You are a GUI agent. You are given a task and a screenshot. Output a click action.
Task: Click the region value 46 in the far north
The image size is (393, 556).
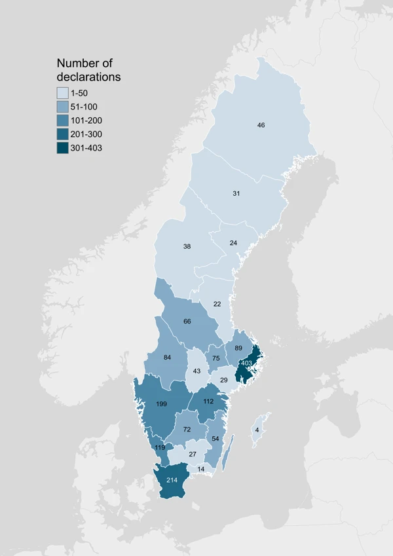pos(261,124)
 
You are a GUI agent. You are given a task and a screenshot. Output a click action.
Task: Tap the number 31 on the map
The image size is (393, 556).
pos(236,193)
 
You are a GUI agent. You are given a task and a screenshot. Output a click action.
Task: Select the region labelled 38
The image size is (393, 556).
pos(187,247)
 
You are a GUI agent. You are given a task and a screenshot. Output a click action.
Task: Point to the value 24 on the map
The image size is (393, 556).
pos(233,243)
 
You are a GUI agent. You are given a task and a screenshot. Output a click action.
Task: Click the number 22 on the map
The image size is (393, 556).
pos(217,305)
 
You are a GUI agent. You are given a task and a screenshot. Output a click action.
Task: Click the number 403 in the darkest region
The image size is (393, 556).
pos(247,363)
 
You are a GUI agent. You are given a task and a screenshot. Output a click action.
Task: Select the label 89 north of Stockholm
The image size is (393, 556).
pos(238,348)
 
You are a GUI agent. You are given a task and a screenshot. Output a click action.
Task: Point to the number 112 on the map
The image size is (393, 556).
pos(208,401)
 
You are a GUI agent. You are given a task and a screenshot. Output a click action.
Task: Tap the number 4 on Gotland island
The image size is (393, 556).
pos(257,430)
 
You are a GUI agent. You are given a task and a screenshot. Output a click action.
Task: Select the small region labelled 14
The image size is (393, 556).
pos(200,469)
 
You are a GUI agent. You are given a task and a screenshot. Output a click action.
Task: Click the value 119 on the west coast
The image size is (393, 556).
pos(160,447)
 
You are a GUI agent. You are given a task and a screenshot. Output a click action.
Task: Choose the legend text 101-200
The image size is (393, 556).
pos(86,120)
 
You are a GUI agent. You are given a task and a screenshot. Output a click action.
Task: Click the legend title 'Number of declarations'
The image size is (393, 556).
pos(88,70)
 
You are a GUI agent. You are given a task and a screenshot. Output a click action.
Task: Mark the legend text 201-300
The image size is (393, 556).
pos(86,134)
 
